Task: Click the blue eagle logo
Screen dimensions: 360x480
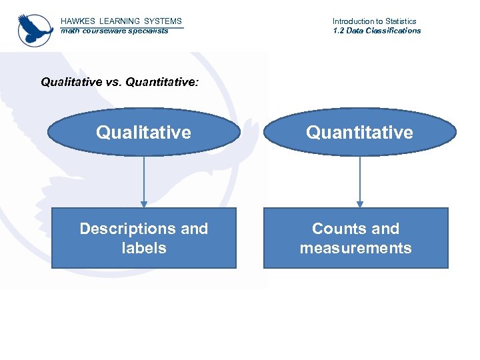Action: [x=35, y=29]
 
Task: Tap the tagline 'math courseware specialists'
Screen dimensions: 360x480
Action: [x=114, y=31]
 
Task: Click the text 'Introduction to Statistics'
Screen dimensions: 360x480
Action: [x=374, y=21]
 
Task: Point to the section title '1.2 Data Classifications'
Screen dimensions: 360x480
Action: [x=377, y=31]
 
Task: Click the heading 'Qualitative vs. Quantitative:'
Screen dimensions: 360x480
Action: [x=119, y=82]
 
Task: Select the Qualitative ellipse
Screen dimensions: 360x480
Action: [x=143, y=132]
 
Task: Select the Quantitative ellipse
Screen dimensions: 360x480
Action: [x=359, y=132]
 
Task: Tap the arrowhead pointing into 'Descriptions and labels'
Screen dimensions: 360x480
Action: [x=143, y=204]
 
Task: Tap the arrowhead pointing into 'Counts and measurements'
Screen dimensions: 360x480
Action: [x=360, y=204]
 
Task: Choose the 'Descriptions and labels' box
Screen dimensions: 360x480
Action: [x=143, y=238]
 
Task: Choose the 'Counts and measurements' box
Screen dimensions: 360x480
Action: [x=355, y=238]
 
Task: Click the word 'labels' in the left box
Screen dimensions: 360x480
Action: [x=143, y=248]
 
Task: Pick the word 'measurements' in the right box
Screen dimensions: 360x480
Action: [x=355, y=248]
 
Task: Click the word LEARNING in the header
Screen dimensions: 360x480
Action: [x=119, y=21]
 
